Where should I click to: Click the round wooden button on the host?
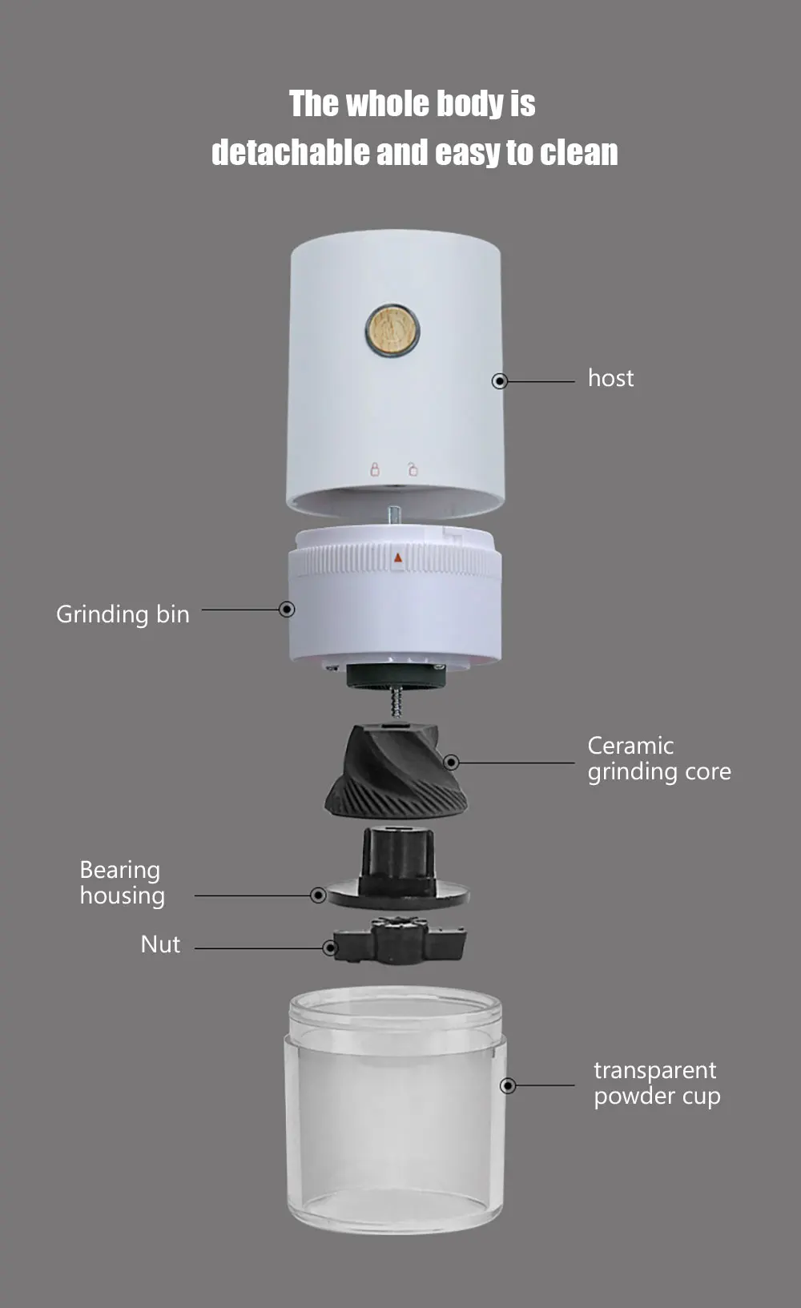[x=392, y=330]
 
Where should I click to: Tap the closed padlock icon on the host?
[x=375, y=469]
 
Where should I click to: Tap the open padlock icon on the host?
[x=413, y=469]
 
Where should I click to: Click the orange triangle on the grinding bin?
[x=398, y=557]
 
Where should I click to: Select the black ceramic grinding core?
[x=396, y=771]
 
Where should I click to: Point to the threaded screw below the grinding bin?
[x=396, y=702]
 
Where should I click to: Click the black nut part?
[x=400, y=940]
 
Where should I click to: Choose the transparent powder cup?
[x=395, y=1109]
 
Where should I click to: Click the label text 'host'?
[x=610, y=378]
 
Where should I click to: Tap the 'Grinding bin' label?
[x=123, y=614]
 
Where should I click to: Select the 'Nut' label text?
[x=160, y=944]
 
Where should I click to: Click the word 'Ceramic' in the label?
[x=630, y=746]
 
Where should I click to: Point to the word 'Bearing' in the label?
[x=119, y=871]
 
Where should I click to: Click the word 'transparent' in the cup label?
[x=655, y=1070]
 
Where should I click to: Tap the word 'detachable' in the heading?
[x=290, y=152]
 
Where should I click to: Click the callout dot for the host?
[x=500, y=381]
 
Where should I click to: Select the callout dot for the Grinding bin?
[x=287, y=610]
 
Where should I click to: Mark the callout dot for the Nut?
[x=331, y=948]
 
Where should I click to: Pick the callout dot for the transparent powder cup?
[x=509, y=1085]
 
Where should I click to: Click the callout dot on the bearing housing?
[x=318, y=895]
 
